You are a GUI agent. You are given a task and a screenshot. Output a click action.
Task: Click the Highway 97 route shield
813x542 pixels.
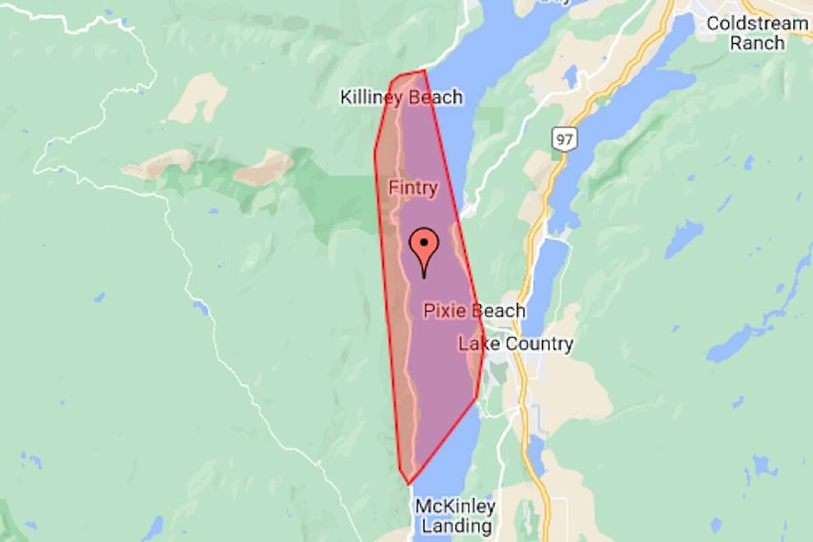coord(561,138)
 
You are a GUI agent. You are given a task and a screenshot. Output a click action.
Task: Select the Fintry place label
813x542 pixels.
coord(412,187)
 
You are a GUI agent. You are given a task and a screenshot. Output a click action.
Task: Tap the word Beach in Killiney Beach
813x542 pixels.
coord(435,97)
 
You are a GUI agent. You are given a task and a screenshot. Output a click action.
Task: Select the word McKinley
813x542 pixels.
coord(455,506)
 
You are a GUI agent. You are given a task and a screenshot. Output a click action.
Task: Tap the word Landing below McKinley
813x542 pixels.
coord(455,526)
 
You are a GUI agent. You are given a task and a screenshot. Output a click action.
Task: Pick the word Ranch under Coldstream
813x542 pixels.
coord(757,42)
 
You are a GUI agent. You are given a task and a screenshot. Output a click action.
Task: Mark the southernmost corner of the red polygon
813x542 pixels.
coord(409,484)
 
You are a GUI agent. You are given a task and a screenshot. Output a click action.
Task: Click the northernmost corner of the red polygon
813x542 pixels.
coord(423,70)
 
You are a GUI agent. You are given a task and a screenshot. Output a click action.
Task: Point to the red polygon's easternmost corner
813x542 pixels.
coord(484,349)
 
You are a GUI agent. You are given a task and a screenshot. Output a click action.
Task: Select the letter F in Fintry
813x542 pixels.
coord(393,187)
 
